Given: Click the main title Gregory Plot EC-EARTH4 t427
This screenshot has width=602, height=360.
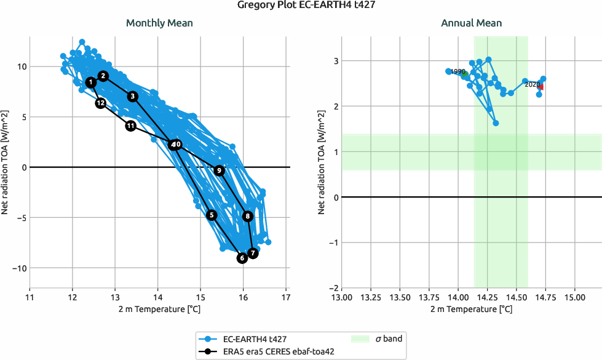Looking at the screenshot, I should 301,6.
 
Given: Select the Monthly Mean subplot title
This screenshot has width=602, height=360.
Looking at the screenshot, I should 159,23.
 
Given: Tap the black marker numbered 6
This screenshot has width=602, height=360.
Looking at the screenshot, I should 242,258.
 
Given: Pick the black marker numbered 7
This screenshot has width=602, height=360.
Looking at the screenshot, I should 253,253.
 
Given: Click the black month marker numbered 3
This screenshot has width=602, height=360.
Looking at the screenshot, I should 133,97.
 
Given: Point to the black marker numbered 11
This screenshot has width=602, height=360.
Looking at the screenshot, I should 131,126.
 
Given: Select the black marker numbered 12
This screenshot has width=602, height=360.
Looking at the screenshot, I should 101,103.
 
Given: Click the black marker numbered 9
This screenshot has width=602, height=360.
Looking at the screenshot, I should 219,170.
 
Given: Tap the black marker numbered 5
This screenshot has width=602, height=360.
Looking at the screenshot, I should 212,215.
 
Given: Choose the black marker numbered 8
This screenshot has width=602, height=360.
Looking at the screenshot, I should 248,216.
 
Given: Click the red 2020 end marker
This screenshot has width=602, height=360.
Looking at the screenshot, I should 540,87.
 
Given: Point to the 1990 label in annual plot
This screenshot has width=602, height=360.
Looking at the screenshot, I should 457,71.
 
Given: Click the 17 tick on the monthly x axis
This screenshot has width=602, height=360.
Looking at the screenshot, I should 286,297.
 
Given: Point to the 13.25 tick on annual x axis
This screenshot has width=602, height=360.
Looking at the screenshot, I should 371,297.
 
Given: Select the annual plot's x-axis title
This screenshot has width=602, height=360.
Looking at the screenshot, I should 471,308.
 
